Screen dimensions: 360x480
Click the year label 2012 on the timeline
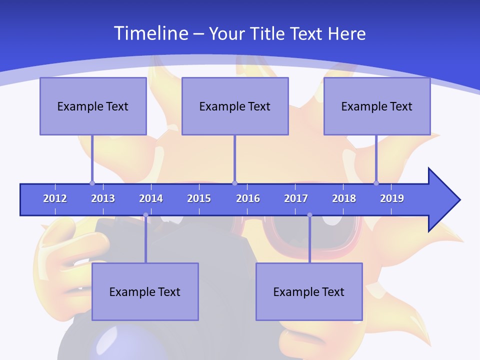pyautogui.click(x=55, y=198)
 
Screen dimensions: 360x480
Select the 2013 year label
pyautogui.click(x=103, y=198)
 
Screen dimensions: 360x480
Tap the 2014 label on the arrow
pyautogui.click(x=151, y=198)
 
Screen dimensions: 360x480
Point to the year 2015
pyautogui.click(x=199, y=198)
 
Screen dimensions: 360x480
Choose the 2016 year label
pyautogui.click(x=248, y=198)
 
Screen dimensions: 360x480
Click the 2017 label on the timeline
pyautogui.click(x=296, y=198)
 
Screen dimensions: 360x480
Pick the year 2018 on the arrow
pyautogui.click(x=344, y=198)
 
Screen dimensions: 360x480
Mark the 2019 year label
pyautogui.click(x=392, y=198)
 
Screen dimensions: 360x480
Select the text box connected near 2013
pyautogui.click(x=93, y=106)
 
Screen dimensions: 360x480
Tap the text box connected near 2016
pyautogui.click(x=235, y=106)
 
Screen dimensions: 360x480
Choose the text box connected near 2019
pyautogui.click(x=377, y=106)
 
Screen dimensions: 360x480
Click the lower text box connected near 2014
pyautogui.click(x=145, y=291)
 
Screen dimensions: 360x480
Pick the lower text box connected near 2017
pyautogui.click(x=309, y=291)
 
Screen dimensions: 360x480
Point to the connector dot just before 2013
pyautogui.click(x=92, y=183)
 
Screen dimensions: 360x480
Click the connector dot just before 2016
pyautogui.click(x=234, y=183)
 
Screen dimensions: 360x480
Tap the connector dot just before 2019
pyautogui.click(x=376, y=183)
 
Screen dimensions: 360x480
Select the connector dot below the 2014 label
pyautogui.click(x=145, y=215)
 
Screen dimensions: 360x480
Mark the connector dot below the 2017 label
pyautogui.click(x=309, y=215)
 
